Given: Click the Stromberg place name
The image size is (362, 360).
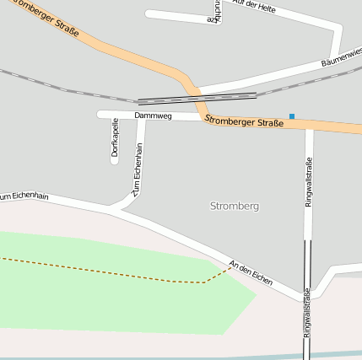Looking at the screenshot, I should point(234,206).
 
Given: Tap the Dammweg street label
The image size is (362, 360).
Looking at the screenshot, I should point(153,116).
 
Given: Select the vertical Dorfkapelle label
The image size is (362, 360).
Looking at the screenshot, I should point(115,137).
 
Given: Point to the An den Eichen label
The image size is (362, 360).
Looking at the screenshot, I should point(251,272).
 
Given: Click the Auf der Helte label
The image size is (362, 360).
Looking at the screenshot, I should point(255,7).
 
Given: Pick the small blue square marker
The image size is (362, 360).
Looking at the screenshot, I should point(292,116).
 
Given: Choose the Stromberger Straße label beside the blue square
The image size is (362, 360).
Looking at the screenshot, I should point(244,123).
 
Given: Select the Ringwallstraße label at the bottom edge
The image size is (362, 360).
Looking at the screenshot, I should point(308,314).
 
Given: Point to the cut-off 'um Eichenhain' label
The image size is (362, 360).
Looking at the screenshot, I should point(24,196).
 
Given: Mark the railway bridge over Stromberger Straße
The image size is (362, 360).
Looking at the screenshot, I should point(197,97).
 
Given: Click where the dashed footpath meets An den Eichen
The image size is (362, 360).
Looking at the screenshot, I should point(230,268).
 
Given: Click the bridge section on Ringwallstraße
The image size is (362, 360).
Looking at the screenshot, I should point(308,262).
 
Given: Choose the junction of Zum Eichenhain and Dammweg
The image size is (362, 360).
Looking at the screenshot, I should point(141,116).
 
